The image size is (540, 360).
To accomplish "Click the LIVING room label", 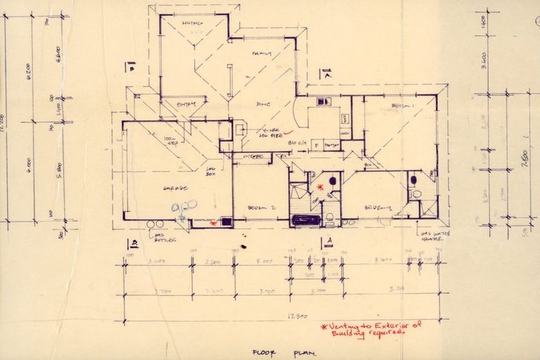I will click(x=192, y=24).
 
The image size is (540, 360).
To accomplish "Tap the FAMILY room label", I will click(x=262, y=54).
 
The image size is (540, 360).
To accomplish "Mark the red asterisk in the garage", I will click(x=214, y=224).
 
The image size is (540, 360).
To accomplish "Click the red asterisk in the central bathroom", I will click(x=320, y=187).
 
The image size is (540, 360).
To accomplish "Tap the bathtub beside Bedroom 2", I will click(x=306, y=220).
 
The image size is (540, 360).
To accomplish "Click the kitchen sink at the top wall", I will click(x=324, y=102).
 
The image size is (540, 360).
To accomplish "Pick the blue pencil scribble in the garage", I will click(x=184, y=208).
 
